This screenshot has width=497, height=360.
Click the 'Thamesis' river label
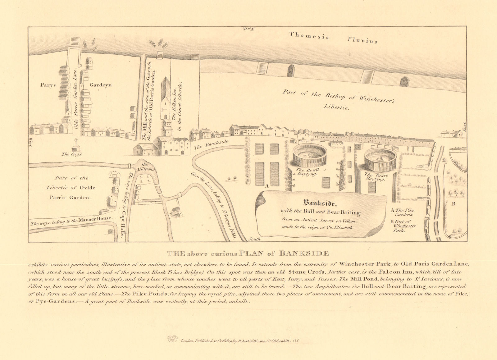pos(309,36)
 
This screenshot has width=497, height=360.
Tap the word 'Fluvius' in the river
pos(362,40)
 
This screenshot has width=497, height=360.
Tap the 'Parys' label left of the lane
pos(48,85)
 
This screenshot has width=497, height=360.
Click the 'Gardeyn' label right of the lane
pos(101,85)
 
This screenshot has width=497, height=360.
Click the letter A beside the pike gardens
pos(266,186)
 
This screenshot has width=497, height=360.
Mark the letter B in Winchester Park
pos(454,204)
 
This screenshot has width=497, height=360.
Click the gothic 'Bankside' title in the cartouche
pos(320,204)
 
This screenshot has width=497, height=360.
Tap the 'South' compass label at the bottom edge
pos(254,239)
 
